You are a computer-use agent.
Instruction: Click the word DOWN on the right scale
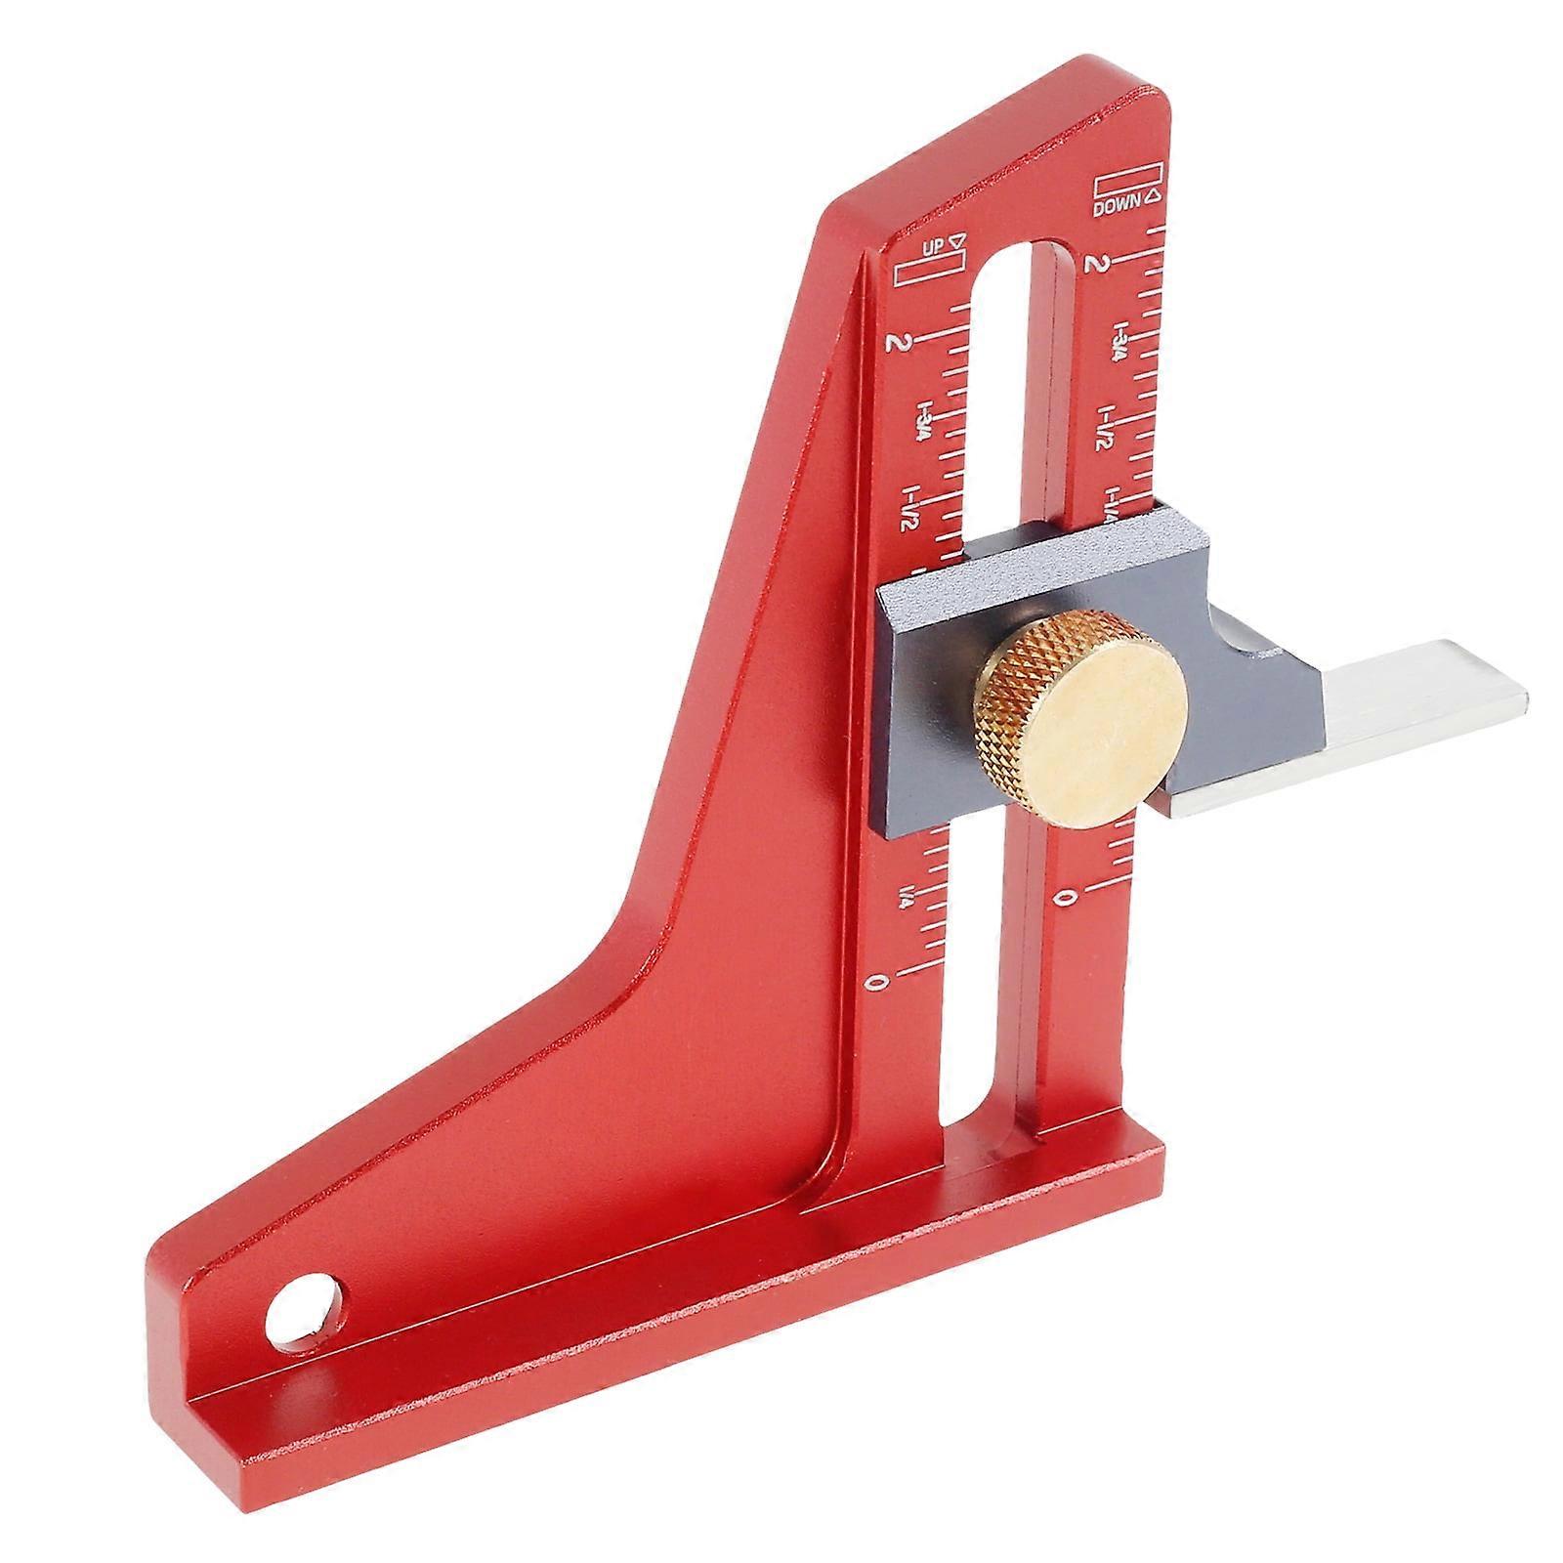tap(1118, 207)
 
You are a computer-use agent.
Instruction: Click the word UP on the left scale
tap(933, 248)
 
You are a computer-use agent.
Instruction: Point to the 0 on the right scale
tap(1072, 896)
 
